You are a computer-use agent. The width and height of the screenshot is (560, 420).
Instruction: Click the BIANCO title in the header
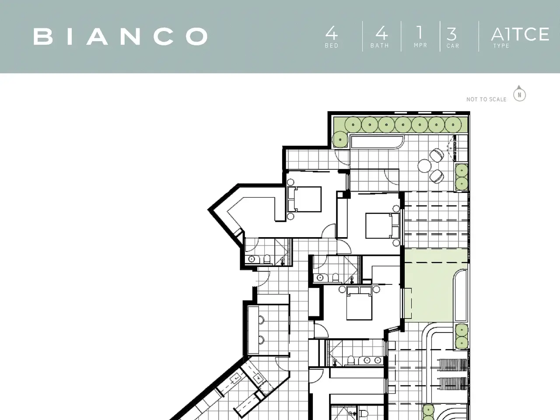click(120, 36)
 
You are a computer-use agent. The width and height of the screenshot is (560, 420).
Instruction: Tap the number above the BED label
click(332, 33)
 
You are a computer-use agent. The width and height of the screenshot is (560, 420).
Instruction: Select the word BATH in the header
click(380, 45)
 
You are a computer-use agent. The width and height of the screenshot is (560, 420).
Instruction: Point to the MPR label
click(420, 45)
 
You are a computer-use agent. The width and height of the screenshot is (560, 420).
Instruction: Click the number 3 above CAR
click(451, 34)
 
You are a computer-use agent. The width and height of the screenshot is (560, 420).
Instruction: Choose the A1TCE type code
click(520, 34)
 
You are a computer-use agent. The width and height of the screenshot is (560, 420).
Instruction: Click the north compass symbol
click(519, 94)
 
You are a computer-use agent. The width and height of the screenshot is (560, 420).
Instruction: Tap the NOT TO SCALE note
click(486, 99)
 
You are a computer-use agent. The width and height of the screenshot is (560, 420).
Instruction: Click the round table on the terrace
click(424, 166)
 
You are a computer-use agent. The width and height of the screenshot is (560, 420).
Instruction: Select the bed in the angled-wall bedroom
click(304, 199)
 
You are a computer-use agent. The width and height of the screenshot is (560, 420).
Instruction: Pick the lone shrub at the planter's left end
click(340, 140)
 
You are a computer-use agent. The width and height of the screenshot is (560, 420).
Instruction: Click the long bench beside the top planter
click(377, 142)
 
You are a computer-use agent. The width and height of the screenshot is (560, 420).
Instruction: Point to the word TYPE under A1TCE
click(501, 46)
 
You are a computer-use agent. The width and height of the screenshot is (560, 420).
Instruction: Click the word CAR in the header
click(453, 46)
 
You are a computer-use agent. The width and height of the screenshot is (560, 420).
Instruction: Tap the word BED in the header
click(332, 45)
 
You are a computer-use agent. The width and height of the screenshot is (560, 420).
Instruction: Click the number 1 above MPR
click(420, 32)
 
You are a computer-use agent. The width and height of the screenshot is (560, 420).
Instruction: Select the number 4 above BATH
click(381, 33)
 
